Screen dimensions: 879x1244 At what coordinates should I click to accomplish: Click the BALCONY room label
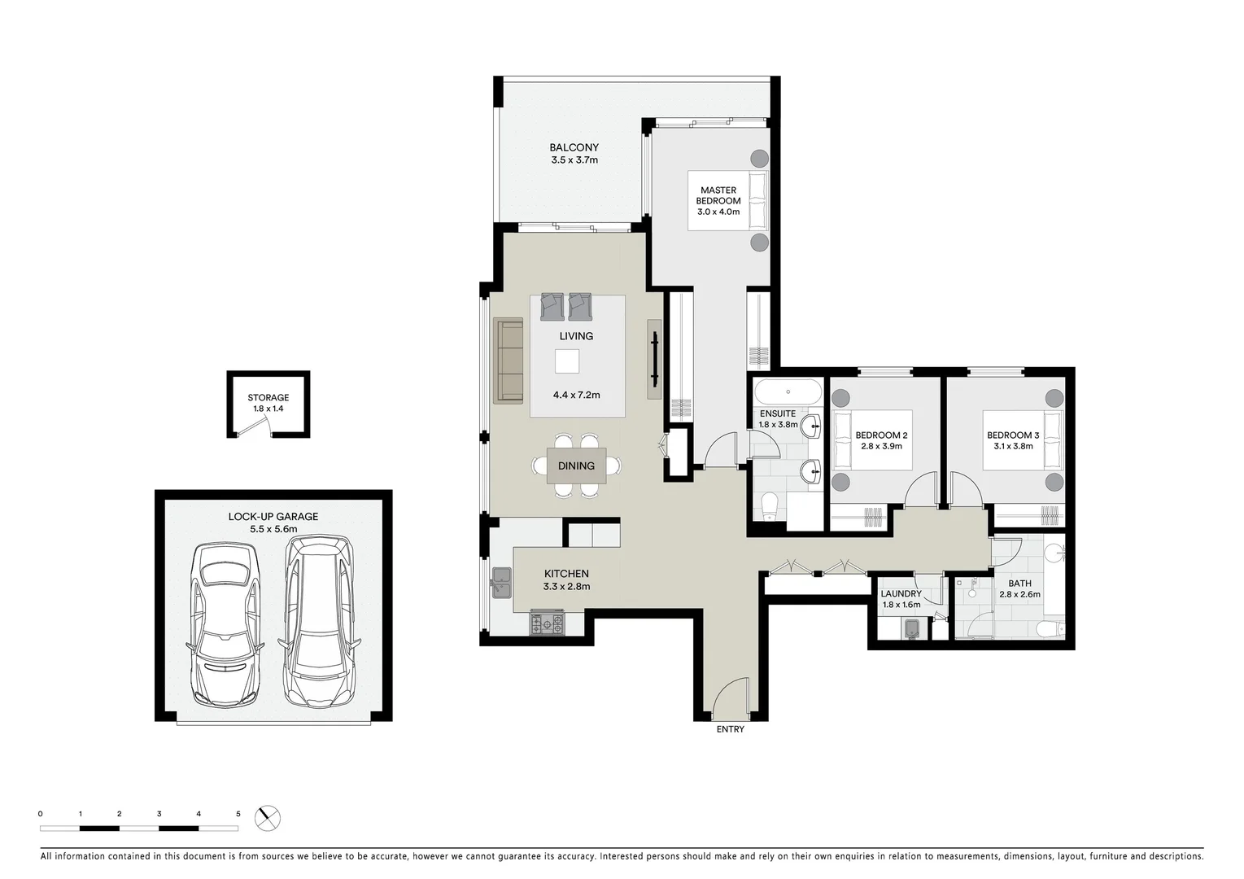click(x=574, y=147)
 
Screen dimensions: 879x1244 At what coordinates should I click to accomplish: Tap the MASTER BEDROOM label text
click(x=718, y=195)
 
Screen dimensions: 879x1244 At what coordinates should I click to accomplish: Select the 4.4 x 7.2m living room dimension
click(x=576, y=395)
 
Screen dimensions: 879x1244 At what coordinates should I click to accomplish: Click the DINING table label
click(x=576, y=466)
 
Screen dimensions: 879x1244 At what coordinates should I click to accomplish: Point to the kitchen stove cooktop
click(x=547, y=623)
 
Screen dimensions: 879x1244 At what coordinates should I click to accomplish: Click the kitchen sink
click(x=500, y=580)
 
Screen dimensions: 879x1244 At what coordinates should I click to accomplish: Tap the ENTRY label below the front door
click(x=730, y=729)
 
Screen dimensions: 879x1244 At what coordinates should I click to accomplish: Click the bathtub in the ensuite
click(x=788, y=391)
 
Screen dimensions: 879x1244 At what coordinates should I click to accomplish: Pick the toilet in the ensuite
click(x=769, y=506)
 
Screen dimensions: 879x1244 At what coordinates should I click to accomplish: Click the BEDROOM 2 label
click(x=881, y=435)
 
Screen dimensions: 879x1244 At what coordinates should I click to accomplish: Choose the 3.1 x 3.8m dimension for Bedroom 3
click(x=1013, y=446)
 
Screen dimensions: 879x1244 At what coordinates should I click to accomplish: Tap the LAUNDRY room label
click(x=901, y=594)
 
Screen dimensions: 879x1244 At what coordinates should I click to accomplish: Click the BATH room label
click(x=1019, y=584)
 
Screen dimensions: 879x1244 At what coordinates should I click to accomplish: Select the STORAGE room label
click(x=268, y=398)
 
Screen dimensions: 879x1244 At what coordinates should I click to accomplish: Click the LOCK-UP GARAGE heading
click(x=273, y=517)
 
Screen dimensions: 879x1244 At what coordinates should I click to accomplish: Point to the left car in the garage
click(x=225, y=624)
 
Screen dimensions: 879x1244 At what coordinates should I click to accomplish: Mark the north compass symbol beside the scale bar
click(x=267, y=817)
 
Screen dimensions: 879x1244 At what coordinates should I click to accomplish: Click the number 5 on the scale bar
click(x=238, y=813)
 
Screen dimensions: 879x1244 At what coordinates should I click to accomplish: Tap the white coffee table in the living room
click(x=567, y=361)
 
